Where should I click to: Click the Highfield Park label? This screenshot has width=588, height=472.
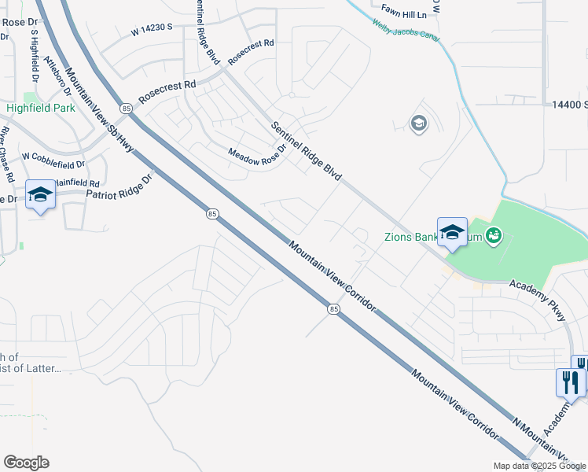tap(40, 108)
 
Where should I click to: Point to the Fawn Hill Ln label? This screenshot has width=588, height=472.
tap(403, 14)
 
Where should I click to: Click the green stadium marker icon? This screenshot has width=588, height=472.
tap(494, 234)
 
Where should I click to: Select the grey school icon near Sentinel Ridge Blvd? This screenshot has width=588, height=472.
tap(418, 123)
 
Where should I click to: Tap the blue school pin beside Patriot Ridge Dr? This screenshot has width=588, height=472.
tap(40, 194)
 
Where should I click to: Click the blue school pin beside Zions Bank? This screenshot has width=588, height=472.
tap(452, 232)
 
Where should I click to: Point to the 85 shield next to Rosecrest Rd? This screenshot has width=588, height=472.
tap(126, 107)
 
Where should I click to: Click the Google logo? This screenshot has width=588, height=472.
tap(26, 463)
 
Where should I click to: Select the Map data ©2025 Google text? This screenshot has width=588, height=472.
tap(538, 466)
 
